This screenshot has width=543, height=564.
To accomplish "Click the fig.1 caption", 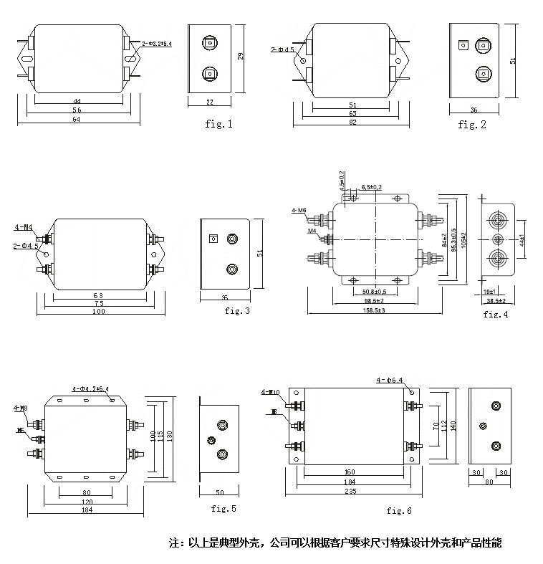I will point(218,124).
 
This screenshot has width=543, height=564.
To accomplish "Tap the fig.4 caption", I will point(496,314).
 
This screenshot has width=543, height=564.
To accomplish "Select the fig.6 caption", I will point(399,511).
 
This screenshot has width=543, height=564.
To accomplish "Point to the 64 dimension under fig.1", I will point(76,120).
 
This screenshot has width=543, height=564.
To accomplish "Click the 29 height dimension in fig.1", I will point(241,57).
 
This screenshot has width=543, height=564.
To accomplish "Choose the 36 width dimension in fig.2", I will point(474,110).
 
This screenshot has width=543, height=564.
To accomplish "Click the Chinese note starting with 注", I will point(335,543).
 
